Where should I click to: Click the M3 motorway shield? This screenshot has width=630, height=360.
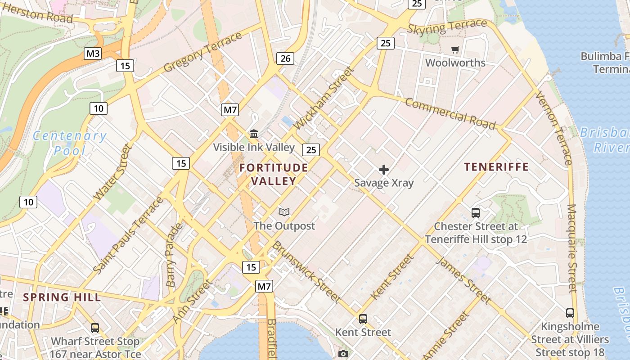[93, 54]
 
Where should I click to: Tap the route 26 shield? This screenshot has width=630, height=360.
[285, 58]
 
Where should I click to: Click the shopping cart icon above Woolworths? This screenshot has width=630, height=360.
[455, 49]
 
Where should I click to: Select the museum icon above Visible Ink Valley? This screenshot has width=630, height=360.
[254, 134]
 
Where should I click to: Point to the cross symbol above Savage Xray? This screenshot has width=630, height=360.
[384, 170]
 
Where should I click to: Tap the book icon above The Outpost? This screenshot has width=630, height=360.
[284, 212]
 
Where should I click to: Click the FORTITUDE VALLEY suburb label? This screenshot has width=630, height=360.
[274, 175]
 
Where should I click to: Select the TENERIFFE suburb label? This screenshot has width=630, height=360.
[496, 167]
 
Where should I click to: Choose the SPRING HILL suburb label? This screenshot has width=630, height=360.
[62, 297]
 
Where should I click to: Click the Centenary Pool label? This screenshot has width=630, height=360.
[70, 143]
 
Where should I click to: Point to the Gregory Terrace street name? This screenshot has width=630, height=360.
[203, 52]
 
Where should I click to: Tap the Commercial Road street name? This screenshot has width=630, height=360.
[450, 113]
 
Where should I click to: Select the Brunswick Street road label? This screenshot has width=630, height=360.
[306, 271]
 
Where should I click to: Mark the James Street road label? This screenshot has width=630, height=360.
[463, 279]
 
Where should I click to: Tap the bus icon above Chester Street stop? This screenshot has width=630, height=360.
[475, 213]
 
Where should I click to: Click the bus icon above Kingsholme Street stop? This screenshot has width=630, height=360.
[570, 313]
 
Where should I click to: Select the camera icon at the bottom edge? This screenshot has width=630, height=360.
[343, 354]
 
